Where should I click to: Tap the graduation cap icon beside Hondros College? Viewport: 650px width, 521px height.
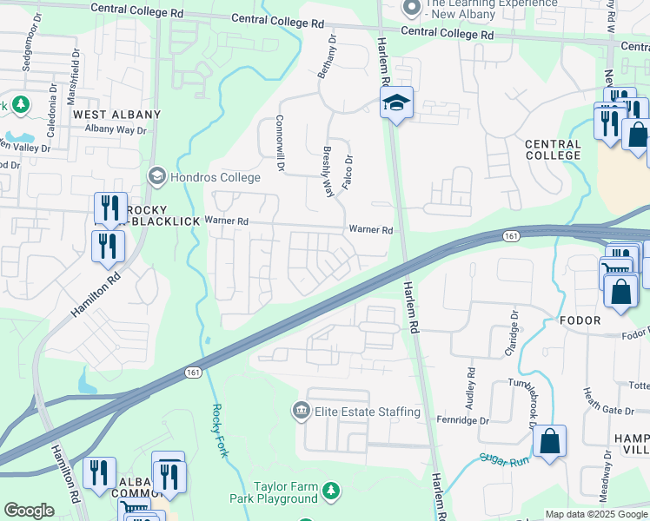pyautogui.click(x=157, y=176)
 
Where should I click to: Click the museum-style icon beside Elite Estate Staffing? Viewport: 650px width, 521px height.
pyautogui.click(x=301, y=411)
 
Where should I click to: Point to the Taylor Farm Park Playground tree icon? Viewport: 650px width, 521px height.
pyautogui.click(x=330, y=493)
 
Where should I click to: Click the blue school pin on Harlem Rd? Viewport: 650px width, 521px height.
pyautogui.click(x=396, y=104)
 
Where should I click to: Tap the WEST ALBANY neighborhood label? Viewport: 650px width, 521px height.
pyautogui.click(x=116, y=115)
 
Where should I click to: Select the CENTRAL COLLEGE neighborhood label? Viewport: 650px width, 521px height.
pyautogui.click(x=553, y=149)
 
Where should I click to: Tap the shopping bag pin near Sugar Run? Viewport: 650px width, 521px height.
pyautogui.click(x=549, y=442)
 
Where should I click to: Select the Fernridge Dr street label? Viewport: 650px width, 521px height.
pyautogui.click(x=464, y=421)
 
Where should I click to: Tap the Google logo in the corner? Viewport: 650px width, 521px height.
pyautogui.click(x=29, y=511)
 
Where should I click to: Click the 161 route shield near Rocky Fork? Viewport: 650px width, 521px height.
pyautogui.click(x=193, y=372)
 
